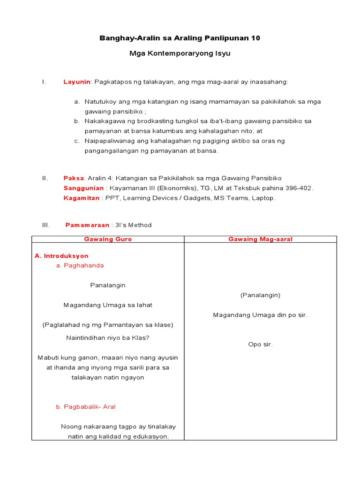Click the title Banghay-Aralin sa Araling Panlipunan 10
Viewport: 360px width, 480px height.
(180, 38)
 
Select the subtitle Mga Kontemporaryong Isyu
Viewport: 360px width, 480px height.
(180, 54)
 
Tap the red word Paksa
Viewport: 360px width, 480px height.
(74, 178)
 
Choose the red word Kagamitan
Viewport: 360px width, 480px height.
(81, 198)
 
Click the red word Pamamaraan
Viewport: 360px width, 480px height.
(87, 225)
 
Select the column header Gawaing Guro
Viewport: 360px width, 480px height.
(108, 239)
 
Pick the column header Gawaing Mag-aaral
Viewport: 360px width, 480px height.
(260, 239)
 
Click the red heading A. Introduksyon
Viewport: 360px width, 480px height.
(62, 256)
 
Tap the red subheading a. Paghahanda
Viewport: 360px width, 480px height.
(80, 265)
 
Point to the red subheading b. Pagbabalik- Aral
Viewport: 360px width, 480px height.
(86, 406)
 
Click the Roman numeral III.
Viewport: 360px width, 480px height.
(45, 225)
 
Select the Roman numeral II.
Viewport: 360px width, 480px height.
(45, 178)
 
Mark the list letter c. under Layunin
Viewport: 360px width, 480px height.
(77, 141)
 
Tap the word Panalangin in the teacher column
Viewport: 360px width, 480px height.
(108, 285)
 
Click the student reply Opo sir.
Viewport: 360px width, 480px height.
(260, 345)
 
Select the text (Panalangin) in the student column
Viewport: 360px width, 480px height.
(260, 295)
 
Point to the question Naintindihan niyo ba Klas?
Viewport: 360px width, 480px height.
(108, 337)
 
